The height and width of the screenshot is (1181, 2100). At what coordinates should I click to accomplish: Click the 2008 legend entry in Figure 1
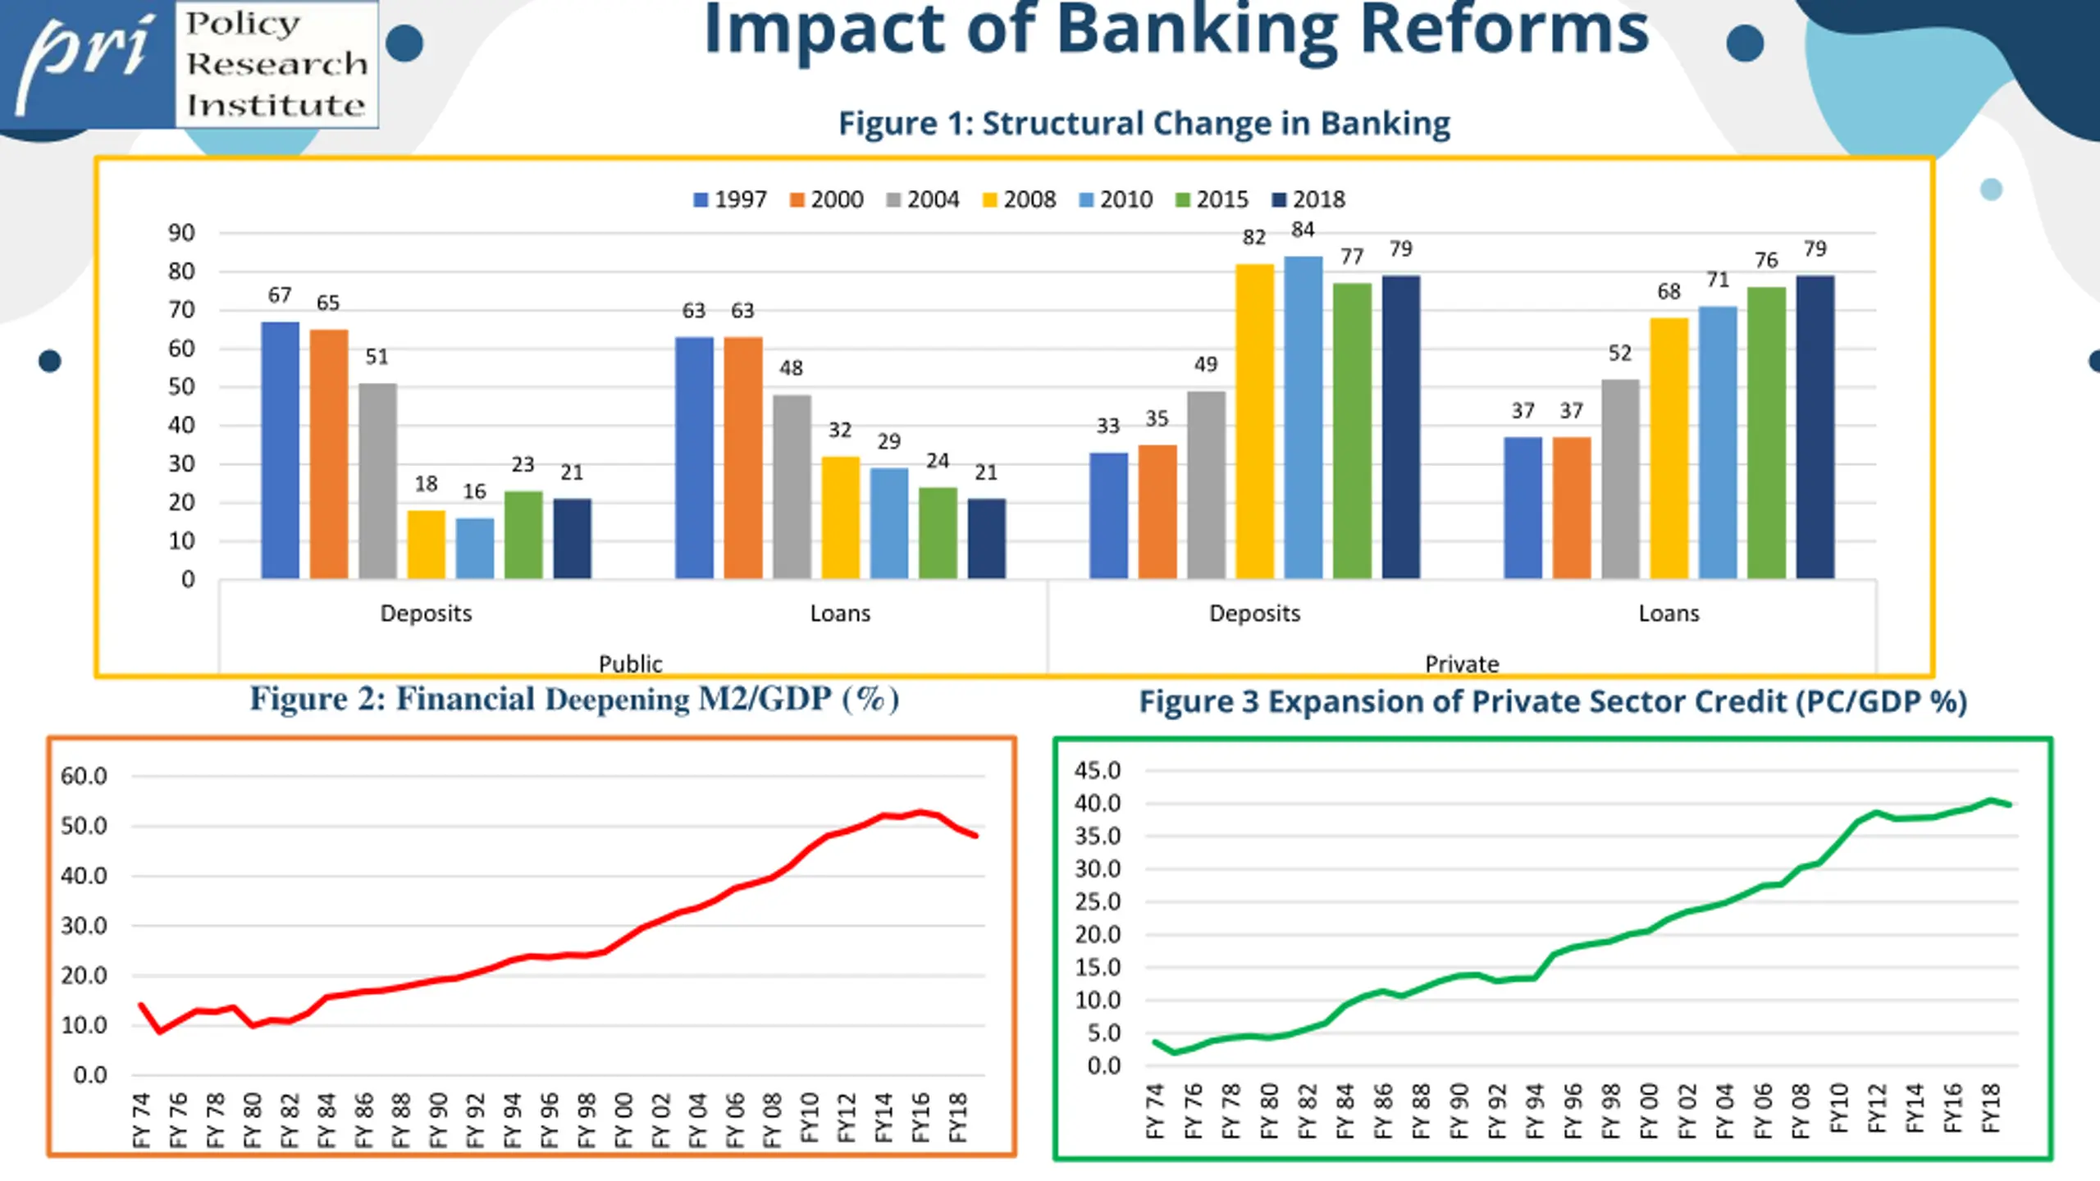[x=1019, y=199]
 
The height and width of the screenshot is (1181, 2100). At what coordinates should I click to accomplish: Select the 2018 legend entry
[x=1308, y=199]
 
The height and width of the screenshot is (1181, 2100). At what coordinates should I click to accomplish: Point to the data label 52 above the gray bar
[x=1619, y=353]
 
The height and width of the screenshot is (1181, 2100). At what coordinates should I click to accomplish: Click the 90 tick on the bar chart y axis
[x=181, y=233]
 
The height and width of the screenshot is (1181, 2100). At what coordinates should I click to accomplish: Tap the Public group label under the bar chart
[x=630, y=663]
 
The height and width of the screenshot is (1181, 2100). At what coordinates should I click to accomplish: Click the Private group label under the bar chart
[x=1461, y=663]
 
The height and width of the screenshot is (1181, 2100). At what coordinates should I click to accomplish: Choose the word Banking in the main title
[x=1196, y=31]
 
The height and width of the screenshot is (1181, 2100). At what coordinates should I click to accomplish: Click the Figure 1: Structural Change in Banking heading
[x=1144, y=124]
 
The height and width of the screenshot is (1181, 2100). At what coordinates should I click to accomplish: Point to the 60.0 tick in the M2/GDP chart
[x=84, y=776]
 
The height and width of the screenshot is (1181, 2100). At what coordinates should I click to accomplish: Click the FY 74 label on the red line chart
[x=142, y=1119]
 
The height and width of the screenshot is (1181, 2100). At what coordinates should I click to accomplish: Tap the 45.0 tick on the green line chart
[x=1097, y=770]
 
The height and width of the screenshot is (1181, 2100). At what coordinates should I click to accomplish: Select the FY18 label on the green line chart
[x=1991, y=1108]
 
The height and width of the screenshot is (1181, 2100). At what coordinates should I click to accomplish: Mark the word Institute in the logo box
[x=276, y=105]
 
